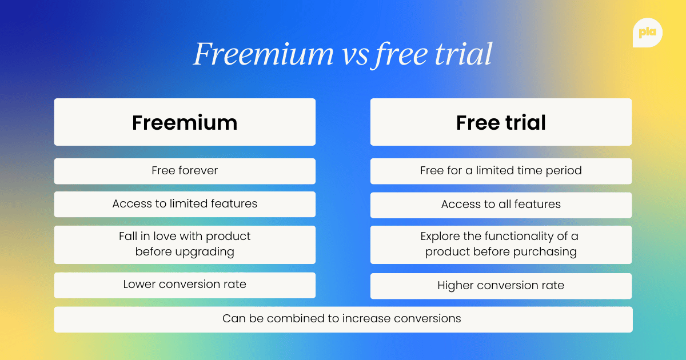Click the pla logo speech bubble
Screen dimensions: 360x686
pos(648,33)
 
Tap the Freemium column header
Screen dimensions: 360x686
pos(185,122)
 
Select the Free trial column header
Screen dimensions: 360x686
pos(501,122)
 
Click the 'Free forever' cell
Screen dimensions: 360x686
pos(185,171)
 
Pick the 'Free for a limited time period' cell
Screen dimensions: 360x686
pos(501,171)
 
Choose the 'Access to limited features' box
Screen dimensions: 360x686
pos(185,204)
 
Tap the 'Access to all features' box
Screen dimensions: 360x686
pos(501,205)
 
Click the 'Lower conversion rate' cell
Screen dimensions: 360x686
pos(185,285)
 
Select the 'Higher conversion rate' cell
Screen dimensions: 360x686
pos(501,286)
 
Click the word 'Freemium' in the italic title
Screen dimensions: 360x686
pos(263,54)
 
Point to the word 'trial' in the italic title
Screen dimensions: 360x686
pos(464,54)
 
